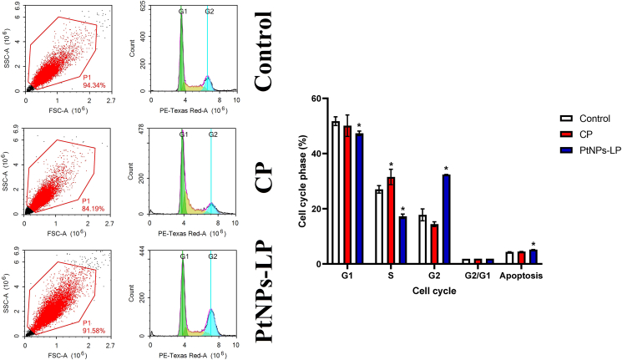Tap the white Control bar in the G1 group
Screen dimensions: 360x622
click(336, 193)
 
